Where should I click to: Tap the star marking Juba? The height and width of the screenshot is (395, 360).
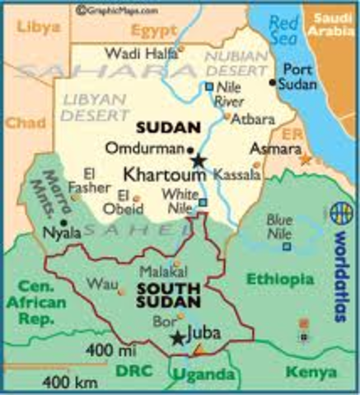point(177,338)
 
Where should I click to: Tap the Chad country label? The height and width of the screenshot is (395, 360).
point(19,123)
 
